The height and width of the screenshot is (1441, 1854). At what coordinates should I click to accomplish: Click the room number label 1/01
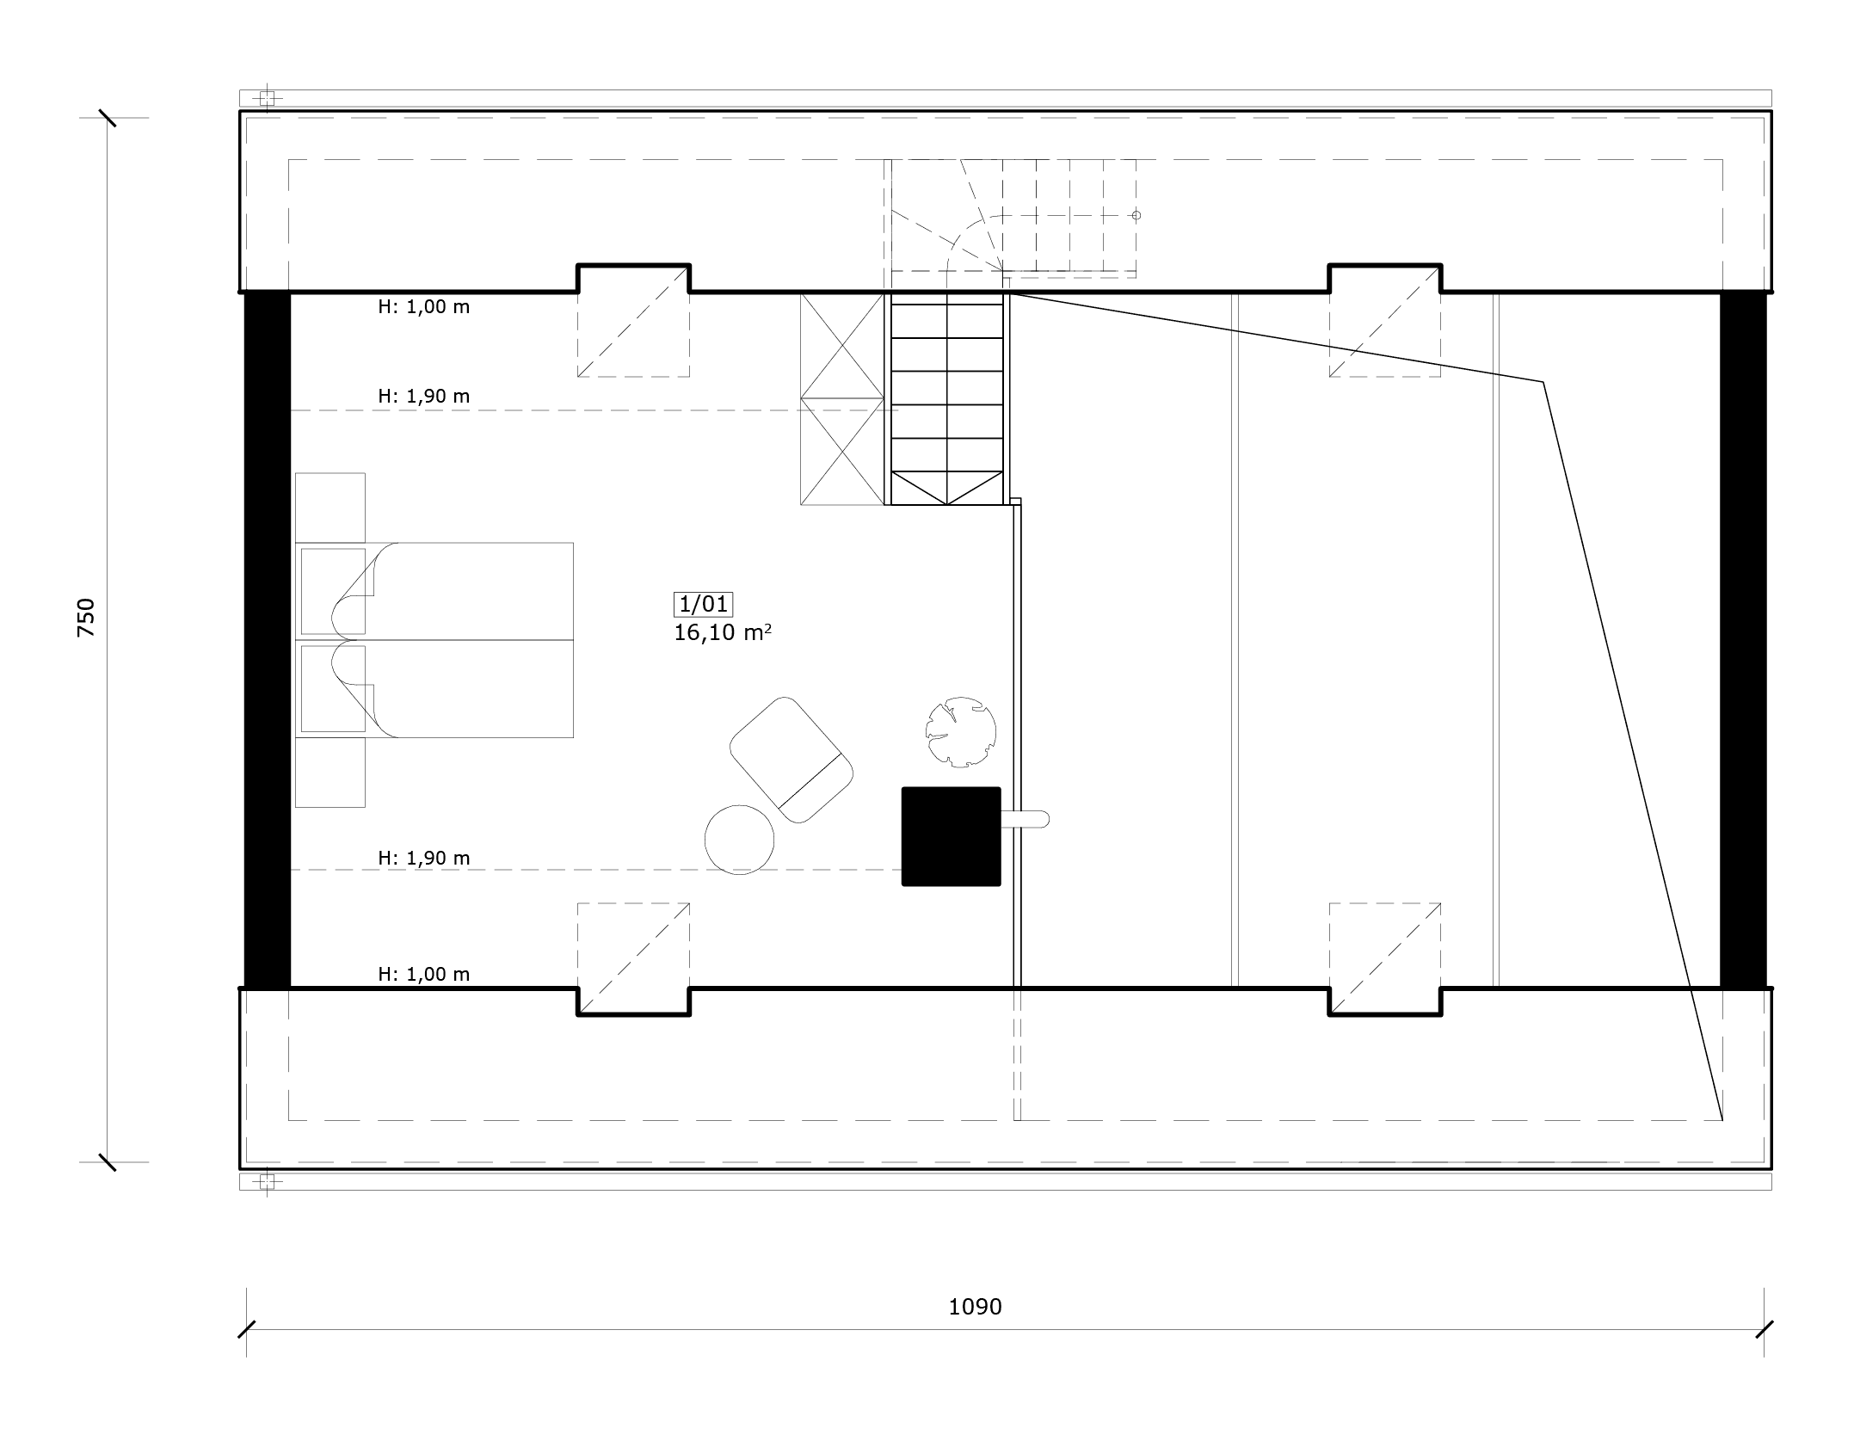pos(704,604)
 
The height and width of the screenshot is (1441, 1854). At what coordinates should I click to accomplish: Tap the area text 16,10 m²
pos(723,632)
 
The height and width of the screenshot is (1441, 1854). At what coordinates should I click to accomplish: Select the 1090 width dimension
pos(975,1307)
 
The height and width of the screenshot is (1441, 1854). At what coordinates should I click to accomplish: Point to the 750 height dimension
pos(86,618)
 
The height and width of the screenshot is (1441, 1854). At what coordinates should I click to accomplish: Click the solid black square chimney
pos(951,836)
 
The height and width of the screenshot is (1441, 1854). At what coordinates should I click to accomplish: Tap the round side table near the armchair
pos(739,840)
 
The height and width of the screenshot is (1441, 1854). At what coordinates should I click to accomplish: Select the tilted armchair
pos(791,760)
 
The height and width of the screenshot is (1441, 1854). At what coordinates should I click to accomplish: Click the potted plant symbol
pos(961,731)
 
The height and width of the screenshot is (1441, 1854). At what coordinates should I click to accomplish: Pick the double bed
pos(434,640)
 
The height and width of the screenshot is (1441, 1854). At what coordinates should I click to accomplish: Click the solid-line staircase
pos(947,398)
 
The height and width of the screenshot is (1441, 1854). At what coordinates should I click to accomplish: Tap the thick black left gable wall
pos(268,640)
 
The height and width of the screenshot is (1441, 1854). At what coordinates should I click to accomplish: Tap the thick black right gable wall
pos(1743,640)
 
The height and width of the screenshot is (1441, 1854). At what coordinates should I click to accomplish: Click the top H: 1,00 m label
pos(424,307)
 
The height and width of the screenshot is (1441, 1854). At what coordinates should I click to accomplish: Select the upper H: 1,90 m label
pos(424,397)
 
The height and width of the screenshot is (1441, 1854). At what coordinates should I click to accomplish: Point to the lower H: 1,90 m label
pos(424,858)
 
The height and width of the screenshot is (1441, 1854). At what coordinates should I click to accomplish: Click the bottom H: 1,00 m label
pos(424,974)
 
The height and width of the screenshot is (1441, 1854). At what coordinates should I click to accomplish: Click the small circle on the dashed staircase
pos(1136,215)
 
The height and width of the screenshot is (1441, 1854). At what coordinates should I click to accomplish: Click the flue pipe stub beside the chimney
pos(1025,819)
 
